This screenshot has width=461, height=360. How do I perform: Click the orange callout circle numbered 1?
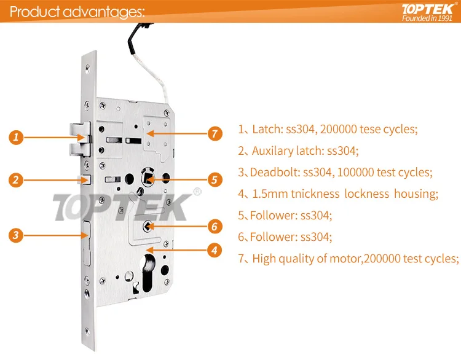[x=18, y=137]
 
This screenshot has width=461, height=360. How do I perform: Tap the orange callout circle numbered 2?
[x=18, y=180]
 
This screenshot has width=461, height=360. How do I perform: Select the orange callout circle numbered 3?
[x=18, y=234]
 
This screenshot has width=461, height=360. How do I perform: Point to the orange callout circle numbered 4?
[x=214, y=250]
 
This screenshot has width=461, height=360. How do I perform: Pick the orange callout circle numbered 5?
[x=214, y=180]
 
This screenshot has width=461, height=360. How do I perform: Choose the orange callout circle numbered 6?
[x=214, y=226]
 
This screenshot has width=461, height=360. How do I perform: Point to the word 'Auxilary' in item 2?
[x=274, y=151]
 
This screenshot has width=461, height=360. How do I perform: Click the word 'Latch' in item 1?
[x=266, y=130]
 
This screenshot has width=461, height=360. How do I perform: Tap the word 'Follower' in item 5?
[x=271, y=216]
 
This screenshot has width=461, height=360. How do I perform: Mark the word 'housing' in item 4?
[x=415, y=194]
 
